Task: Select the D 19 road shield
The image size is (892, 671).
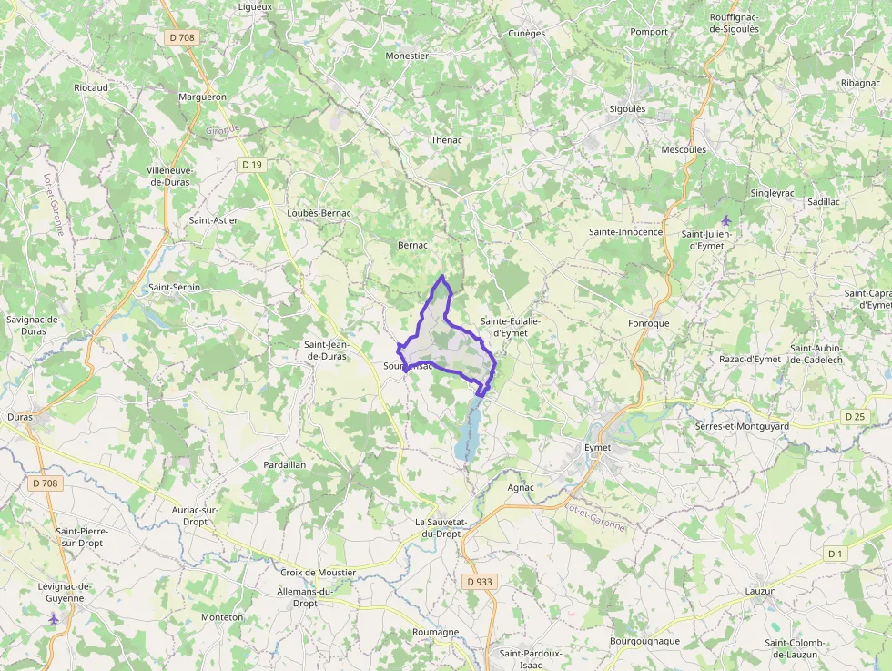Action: click(252, 164)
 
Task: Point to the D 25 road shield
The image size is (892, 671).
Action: click(854, 417)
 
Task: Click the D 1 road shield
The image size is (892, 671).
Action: click(836, 554)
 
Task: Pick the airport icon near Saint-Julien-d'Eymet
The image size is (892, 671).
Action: click(725, 219)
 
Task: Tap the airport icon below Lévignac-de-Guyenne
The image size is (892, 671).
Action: click(54, 618)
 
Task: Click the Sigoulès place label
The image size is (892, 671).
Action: click(627, 109)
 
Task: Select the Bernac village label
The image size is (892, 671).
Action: click(412, 245)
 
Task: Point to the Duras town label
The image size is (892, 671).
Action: click(19, 417)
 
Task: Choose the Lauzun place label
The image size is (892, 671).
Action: click(760, 591)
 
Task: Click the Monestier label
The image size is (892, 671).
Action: click(407, 56)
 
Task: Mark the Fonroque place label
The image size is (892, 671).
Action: click(648, 323)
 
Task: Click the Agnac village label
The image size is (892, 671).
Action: click(520, 487)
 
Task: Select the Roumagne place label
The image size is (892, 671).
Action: click(436, 632)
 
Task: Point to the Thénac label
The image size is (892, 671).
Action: click(446, 140)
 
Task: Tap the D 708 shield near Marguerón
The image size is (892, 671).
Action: click(182, 37)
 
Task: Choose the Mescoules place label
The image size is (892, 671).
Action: click(684, 149)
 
